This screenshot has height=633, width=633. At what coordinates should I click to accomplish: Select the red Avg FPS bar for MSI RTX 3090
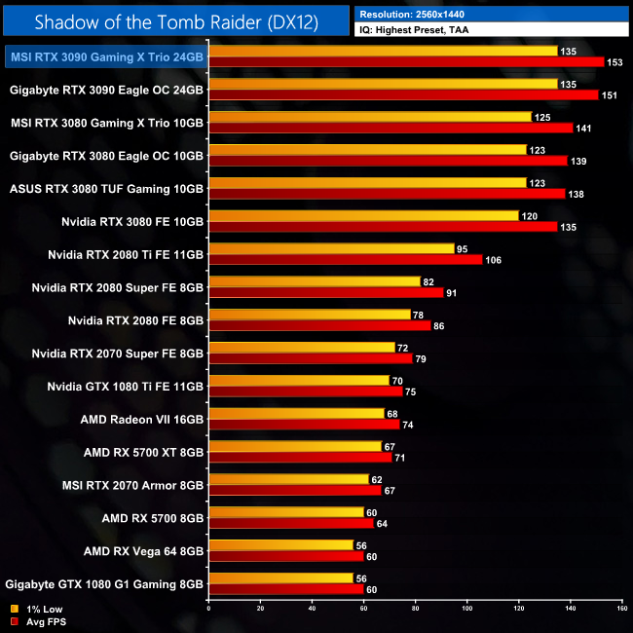[406, 61]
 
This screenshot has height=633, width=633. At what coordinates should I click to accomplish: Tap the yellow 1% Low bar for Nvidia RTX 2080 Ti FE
[331, 248]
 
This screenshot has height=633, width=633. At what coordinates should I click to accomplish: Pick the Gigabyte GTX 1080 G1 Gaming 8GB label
[104, 584]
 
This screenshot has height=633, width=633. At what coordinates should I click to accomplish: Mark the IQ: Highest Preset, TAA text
[415, 31]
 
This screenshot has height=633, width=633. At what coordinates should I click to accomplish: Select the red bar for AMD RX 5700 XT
[300, 457]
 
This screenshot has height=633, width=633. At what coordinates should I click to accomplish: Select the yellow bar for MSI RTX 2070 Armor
[288, 479]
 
